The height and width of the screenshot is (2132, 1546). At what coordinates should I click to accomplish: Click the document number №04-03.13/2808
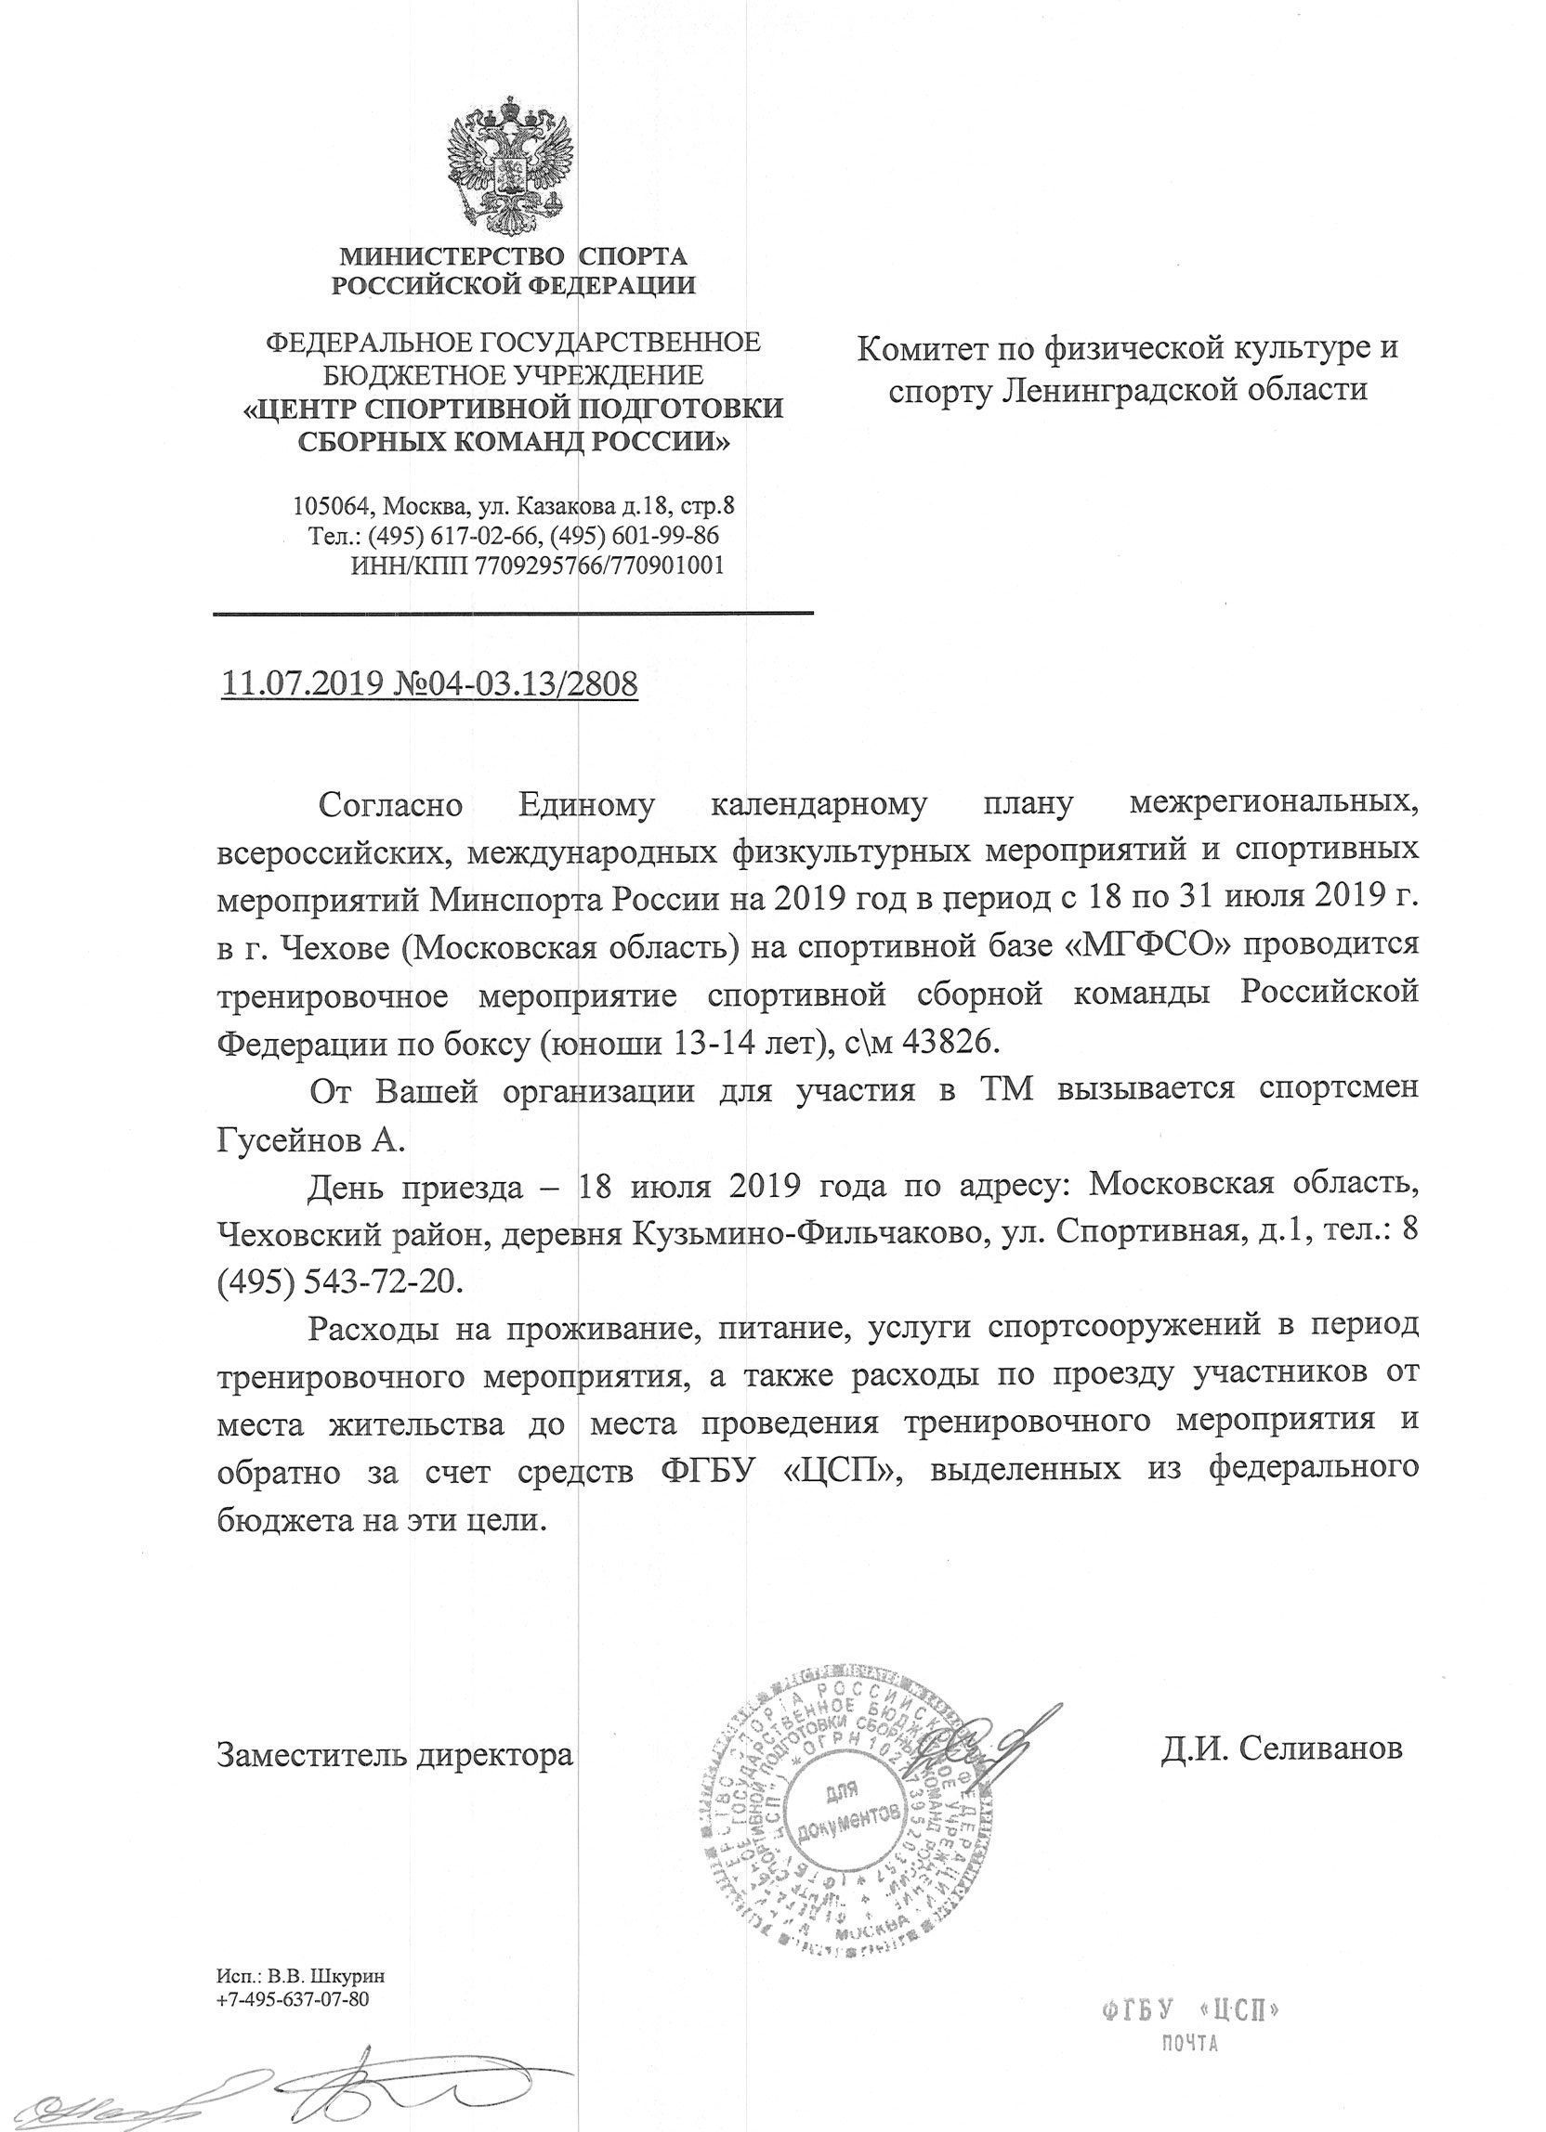[512, 683]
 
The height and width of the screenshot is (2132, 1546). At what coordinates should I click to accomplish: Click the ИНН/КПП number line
[536, 565]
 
